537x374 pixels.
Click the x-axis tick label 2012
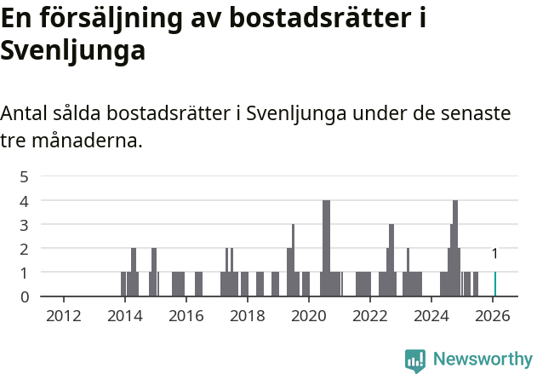click(x=64, y=316)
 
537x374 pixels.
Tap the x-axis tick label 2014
click(x=125, y=316)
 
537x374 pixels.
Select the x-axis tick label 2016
click(x=186, y=316)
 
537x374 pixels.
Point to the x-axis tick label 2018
click(x=248, y=316)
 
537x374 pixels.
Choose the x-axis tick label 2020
click(x=309, y=316)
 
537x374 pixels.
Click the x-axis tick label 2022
click(x=370, y=316)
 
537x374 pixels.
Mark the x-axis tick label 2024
click(x=431, y=316)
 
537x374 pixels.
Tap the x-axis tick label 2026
click(x=493, y=316)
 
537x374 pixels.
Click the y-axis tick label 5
click(x=25, y=177)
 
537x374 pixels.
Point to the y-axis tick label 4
click(x=25, y=201)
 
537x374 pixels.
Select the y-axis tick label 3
click(x=25, y=225)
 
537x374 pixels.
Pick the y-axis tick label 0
click(x=25, y=296)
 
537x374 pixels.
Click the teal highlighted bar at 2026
click(x=495, y=285)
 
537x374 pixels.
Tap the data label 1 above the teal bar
click(x=495, y=254)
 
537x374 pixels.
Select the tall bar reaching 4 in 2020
click(x=327, y=248)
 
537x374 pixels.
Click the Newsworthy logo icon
click(x=415, y=360)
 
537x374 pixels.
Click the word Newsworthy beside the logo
click(x=482, y=360)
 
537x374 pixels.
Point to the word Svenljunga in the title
click(x=73, y=50)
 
